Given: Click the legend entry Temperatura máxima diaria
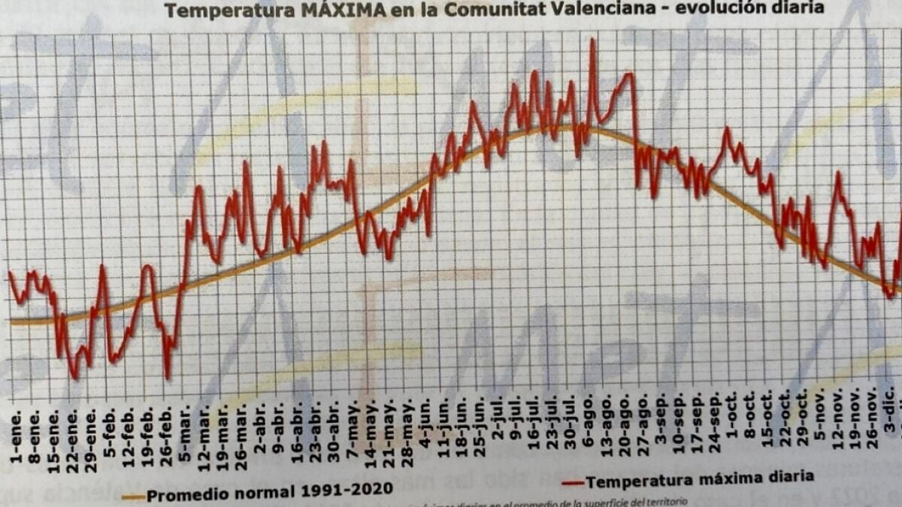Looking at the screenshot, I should click(x=699, y=476).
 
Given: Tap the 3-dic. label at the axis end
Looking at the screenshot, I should click(x=889, y=427).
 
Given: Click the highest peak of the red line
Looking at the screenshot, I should click(x=593, y=40).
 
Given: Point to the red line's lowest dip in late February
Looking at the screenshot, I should click(x=167, y=377).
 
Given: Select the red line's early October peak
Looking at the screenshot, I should click(x=727, y=129).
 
